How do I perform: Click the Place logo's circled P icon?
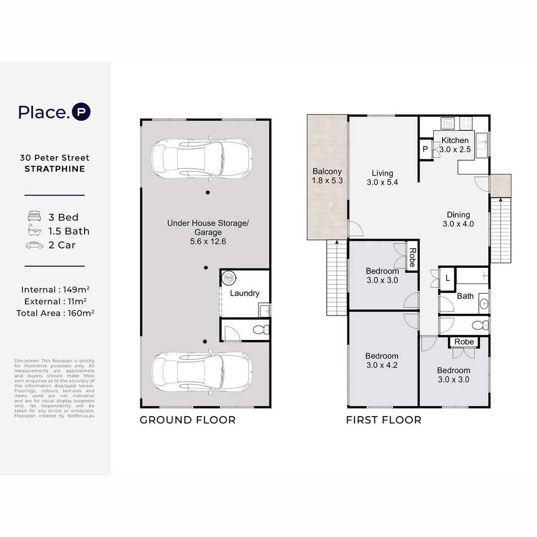tap(81, 112)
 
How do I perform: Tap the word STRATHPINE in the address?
tap(55, 169)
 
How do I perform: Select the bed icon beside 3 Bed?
tap(34, 217)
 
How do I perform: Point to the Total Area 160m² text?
tap(55, 313)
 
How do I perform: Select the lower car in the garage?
tap(202, 372)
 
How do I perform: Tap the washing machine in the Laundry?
tap(229, 278)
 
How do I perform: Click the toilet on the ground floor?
tap(260, 329)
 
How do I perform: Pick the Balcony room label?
tap(327, 176)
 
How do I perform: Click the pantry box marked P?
tap(426, 149)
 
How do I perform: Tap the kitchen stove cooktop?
tap(466, 123)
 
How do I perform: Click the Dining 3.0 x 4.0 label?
tap(458, 219)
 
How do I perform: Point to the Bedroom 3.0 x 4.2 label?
tap(382, 360)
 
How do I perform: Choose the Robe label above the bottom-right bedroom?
tap(464, 342)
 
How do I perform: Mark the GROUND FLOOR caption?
tap(187, 420)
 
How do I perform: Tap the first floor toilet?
tap(478, 326)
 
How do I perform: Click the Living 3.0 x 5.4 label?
tap(382, 178)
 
